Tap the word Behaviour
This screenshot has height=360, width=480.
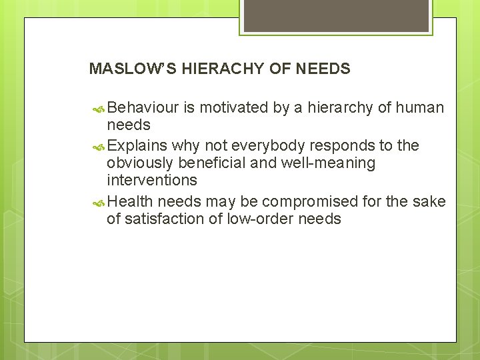[x=141, y=107]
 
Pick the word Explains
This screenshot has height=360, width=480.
[x=137, y=146]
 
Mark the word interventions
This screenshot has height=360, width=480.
[x=152, y=180]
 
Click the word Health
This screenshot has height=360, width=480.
[x=130, y=201]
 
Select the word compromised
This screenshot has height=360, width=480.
[x=311, y=201]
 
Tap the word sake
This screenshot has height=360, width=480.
[x=431, y=201]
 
